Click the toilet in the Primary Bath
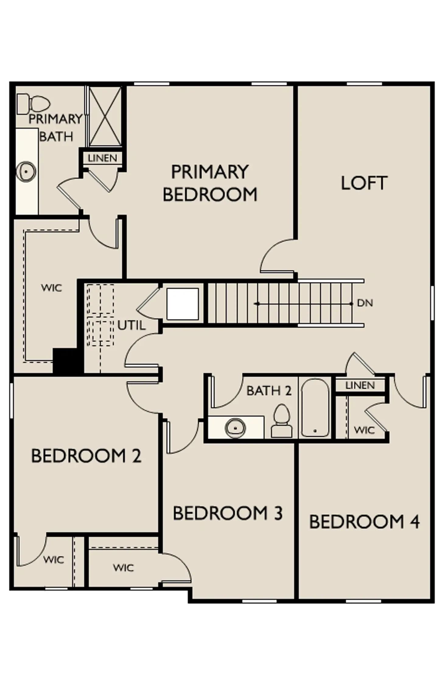pos(33,104)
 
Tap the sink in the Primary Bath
pos(26,171)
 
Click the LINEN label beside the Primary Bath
pos(103,158)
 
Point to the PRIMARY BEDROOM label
pos(210,183)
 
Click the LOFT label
pos(364,183)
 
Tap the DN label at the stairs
pos(365,303)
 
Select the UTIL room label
pos(131,325)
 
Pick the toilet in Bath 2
pos(282,421)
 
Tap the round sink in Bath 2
pos(235,428)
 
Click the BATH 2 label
pos(269,391)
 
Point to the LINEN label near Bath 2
pos(360,385)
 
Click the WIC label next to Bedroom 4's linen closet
pos(365,430)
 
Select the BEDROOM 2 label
pos(86,456)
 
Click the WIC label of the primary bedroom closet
pos(52,288)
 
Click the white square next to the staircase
pos(183,304)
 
